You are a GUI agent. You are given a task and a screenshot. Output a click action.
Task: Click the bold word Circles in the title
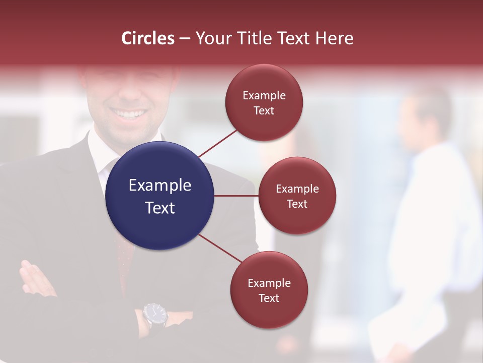tap(147, 38)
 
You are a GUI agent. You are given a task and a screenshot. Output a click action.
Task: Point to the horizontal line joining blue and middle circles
tap(236, 196)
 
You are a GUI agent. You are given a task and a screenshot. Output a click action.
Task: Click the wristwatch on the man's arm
tap(154, 314)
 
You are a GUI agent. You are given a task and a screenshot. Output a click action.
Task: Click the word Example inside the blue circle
tap(160, 186)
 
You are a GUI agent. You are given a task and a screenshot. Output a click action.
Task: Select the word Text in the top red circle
tap(264, 111)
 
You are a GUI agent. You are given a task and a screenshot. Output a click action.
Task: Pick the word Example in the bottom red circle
tap(269, 283)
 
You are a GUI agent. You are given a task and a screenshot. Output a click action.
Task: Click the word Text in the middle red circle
tap(297, 204)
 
